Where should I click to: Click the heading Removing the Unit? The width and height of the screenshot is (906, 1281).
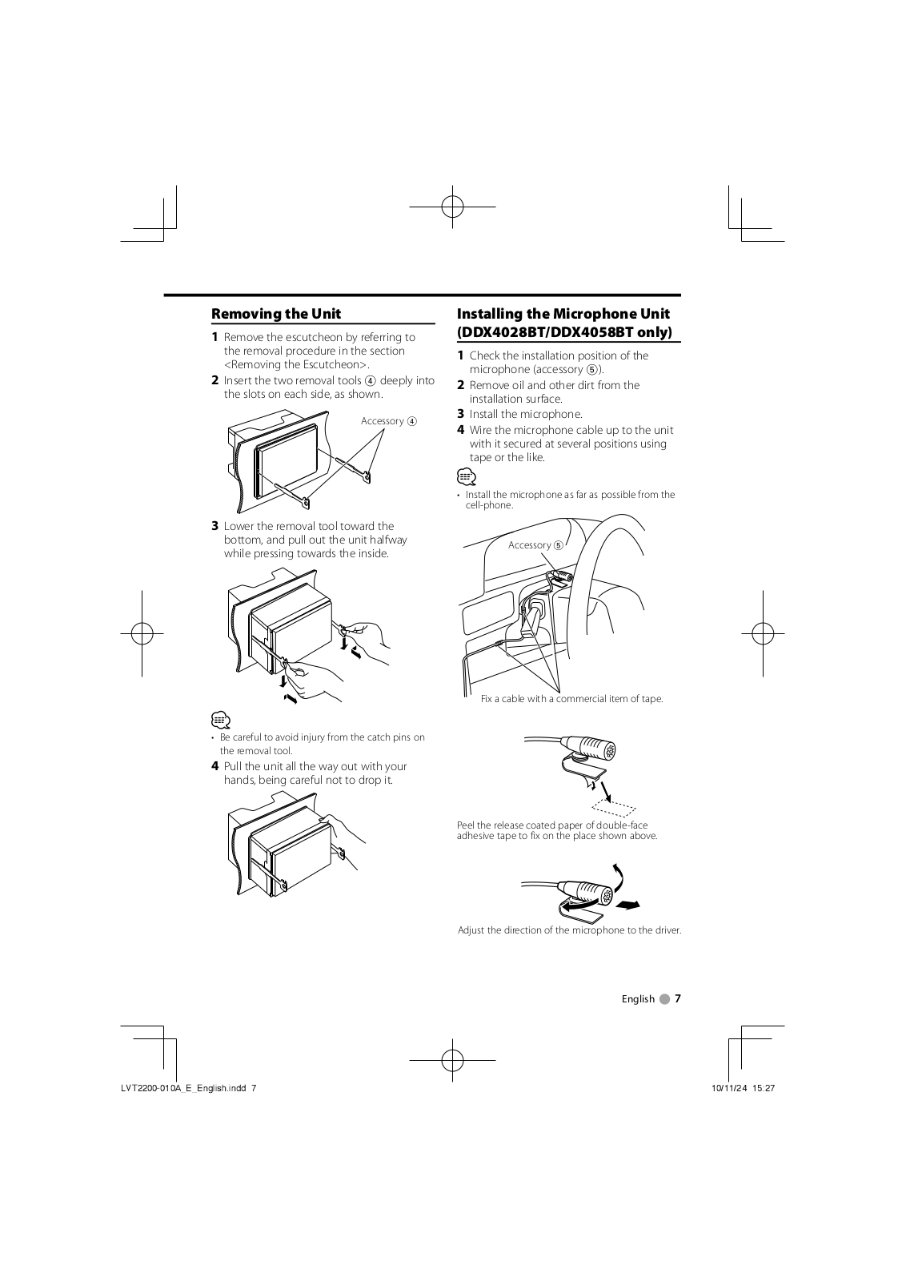coord(276,314)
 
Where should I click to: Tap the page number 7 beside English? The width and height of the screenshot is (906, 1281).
coord(678,998)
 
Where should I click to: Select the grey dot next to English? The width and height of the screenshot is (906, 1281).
coord(663,999)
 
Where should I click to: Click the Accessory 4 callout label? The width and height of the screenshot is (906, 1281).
coord(389,421)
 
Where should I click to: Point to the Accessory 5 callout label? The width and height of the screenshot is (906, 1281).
coord(535,545)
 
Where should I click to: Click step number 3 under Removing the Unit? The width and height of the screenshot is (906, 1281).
coord(215,526)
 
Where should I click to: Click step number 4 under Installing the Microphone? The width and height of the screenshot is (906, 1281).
coord(461,430)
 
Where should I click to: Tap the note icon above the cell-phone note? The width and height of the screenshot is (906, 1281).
coord(467,476)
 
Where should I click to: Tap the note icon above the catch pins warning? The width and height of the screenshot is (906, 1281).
coord(221,720)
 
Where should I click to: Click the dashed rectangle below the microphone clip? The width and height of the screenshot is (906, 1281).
coord(614,808)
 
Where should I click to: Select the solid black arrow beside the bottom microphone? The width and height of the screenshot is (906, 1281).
coord(627,905)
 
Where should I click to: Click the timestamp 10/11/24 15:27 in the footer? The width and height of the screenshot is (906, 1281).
coord(743,1088)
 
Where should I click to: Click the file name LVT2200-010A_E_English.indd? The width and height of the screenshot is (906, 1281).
coord(183,1088)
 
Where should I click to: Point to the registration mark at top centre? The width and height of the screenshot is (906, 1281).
coord(452,207)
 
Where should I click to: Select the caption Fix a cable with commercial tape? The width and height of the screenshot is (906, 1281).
coord(571,699)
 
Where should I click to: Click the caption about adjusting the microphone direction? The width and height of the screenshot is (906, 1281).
coord(569,930)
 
